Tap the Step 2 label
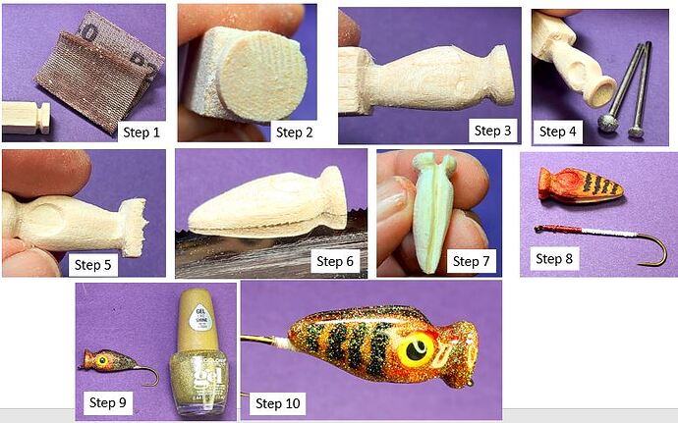pyautogui.click(x=300, y=132)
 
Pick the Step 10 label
pyautogui.click(x=280, y=402)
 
